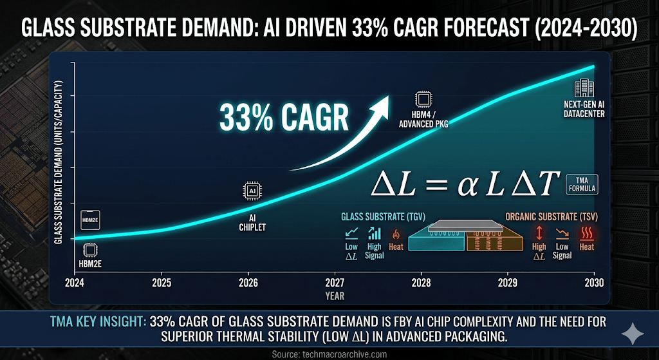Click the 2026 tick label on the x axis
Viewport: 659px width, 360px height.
click(x=248, y=282)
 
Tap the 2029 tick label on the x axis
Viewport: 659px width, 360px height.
click(x=508, y=282)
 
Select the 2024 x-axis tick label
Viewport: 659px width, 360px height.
click(x=75, y=282)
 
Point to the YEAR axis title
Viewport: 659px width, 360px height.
click(x=334, y=296)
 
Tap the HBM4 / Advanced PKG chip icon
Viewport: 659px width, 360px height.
click(x=423, y=99)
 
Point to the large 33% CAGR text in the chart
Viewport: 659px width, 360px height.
click(x=284, y=119)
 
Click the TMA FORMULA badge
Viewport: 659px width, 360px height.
click(x=582, y=185)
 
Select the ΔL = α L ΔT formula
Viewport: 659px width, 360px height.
click(x=466, y=184)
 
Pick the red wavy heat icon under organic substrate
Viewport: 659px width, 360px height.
click(x=586, y=233)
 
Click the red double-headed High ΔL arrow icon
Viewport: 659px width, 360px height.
click(x=539, y=233)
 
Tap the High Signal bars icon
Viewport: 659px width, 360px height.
click(x=374, y=233)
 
